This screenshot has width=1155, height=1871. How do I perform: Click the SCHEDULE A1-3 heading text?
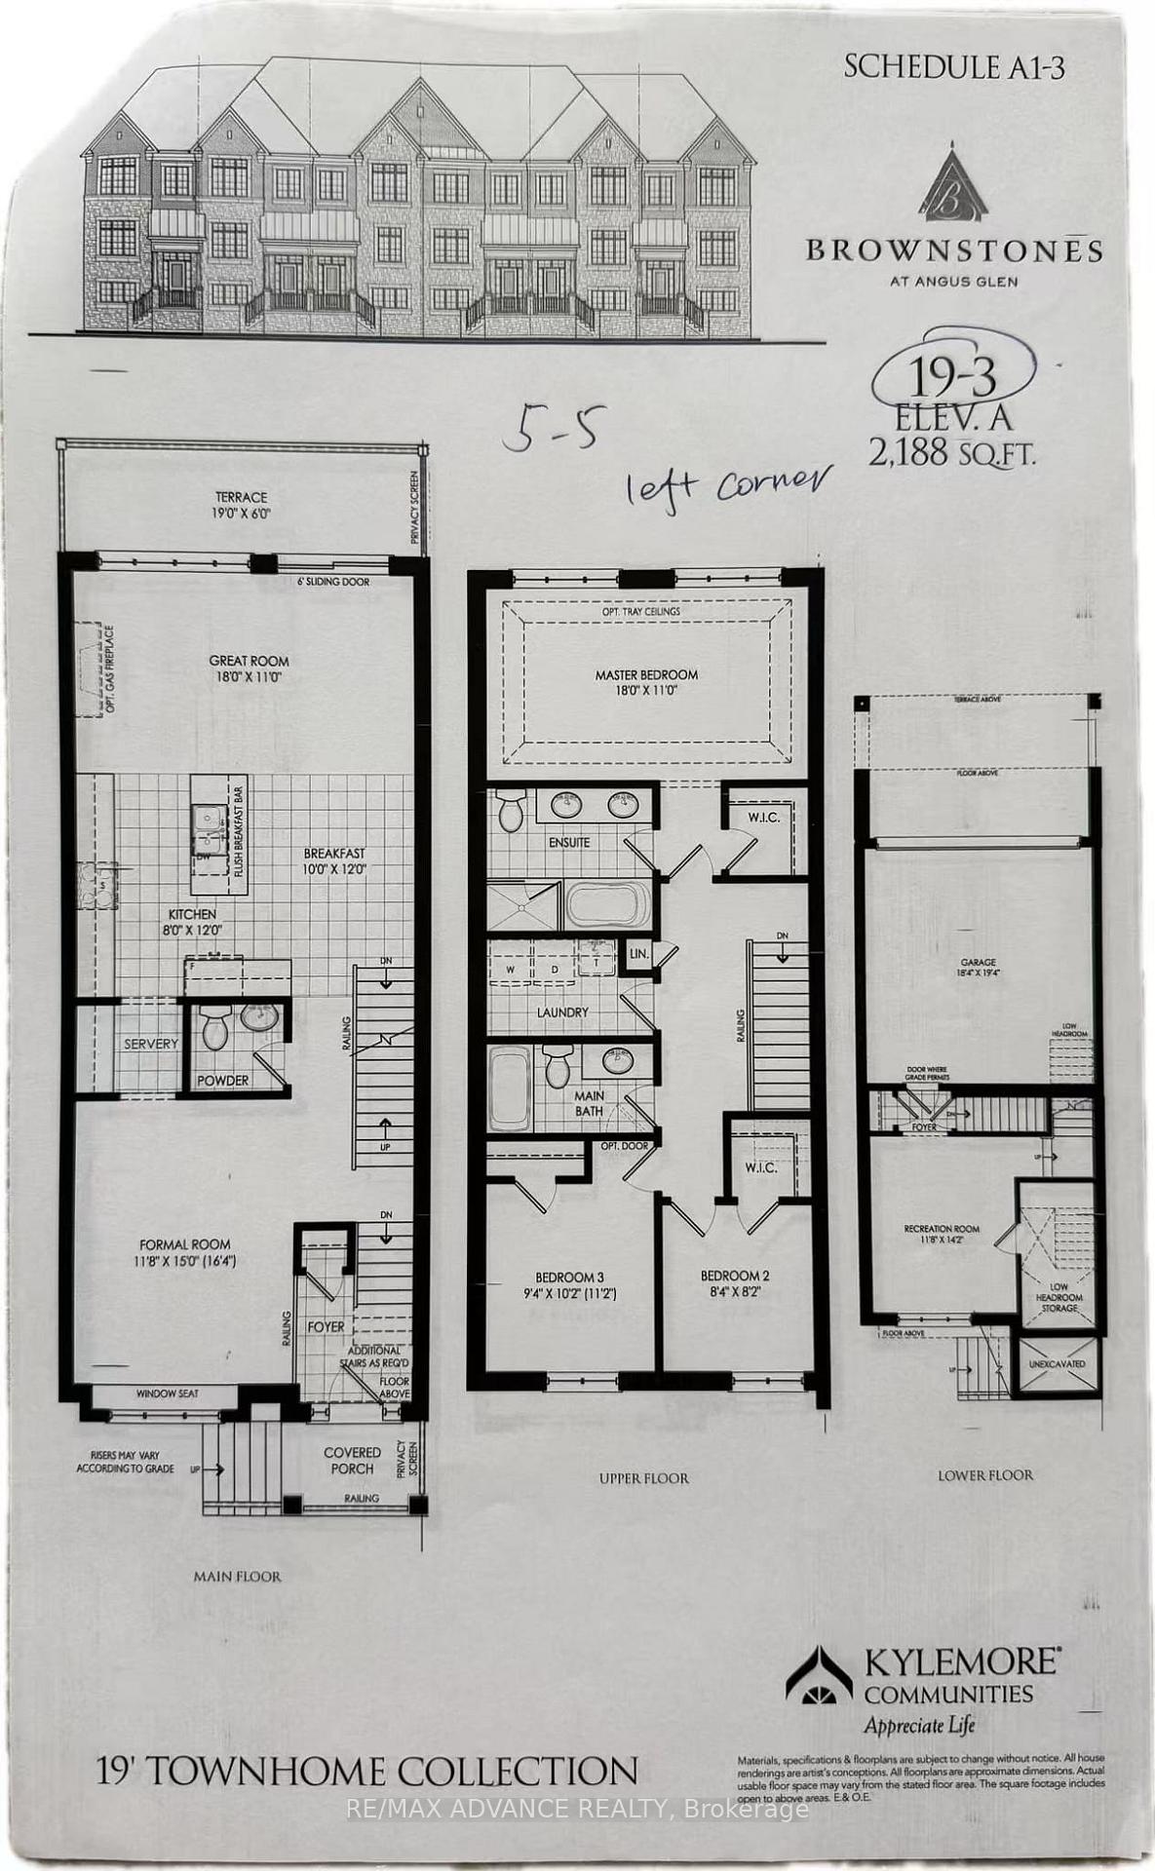tap(953, 66)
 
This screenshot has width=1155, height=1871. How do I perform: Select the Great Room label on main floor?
tap(249, 661)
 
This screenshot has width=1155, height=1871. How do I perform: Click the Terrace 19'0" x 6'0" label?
tap(241, 504)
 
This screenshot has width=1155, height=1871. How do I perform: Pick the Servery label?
tap(151, 1044)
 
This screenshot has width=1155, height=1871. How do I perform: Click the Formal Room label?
tap(184, 1244)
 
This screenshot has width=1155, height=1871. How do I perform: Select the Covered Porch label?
tap(352, 1460)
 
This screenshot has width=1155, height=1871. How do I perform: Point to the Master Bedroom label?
tap(646, 674)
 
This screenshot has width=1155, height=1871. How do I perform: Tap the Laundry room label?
tap(562, 1012)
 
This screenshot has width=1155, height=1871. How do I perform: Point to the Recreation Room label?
tap(942, 1229)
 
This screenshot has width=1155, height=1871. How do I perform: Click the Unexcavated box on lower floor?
tap(1057, 1364)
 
